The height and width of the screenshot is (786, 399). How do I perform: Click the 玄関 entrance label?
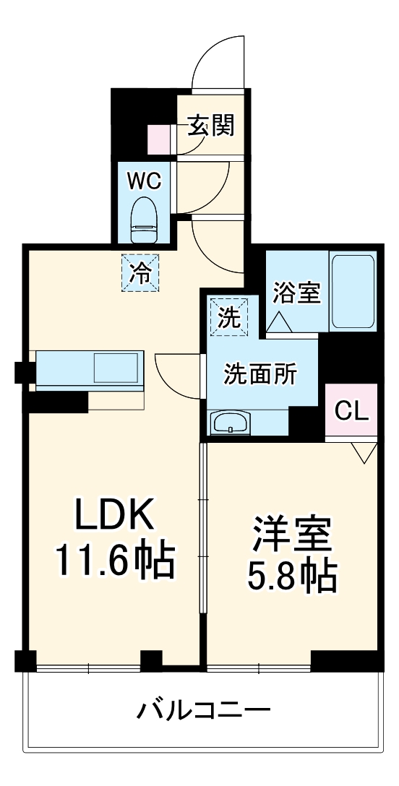tap(212, 126)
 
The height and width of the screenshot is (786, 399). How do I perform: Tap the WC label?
tap(145, 181)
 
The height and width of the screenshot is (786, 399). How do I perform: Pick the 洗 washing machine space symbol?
tap(229, 317)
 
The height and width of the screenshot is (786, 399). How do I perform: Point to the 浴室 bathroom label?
tap(296, 293)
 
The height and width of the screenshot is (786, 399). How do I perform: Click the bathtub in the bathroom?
tap(353, 290)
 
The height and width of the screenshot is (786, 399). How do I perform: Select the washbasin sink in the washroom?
tap(230, 422)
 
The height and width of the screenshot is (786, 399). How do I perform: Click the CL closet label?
tap(351, 411)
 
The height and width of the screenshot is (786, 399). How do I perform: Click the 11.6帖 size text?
tap(116, 560)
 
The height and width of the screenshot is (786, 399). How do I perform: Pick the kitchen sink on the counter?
tap(115, 368)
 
